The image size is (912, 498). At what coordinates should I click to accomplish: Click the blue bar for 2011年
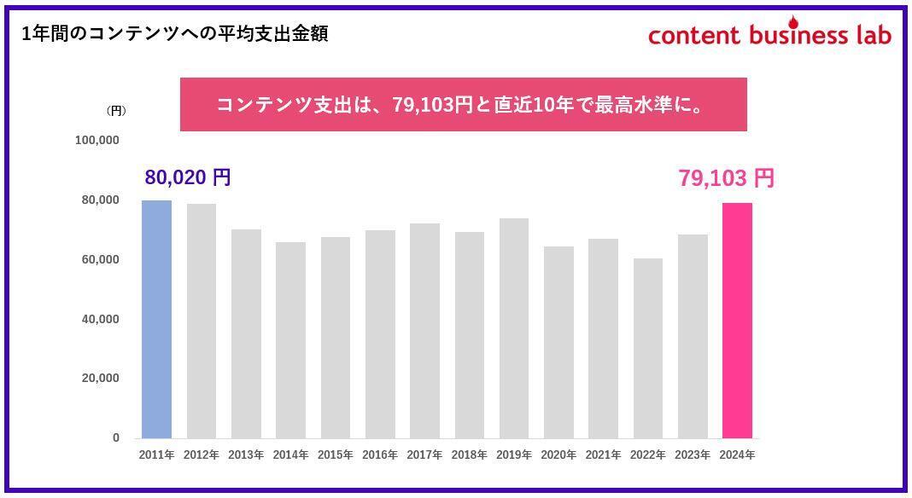(x=156, y=319)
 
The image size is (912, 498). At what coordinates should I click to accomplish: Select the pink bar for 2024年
(x=737, y=321)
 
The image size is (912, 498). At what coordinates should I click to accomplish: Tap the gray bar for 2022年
(x=648, y=348)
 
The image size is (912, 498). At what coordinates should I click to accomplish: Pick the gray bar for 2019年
(x=514, y=328)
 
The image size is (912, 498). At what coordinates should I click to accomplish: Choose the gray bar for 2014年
(x=290, y=340)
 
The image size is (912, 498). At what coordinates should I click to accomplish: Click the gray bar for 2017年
(x=424, y=331)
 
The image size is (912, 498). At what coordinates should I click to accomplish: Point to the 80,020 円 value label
(x=188, y=177)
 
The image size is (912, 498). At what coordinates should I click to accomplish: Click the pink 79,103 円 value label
(x=726, y=178)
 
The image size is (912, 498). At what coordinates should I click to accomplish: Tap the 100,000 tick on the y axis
(x=97, y=140)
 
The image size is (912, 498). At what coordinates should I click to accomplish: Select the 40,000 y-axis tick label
(x=101, y=319)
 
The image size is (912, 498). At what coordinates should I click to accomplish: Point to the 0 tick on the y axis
(x=116, y=437)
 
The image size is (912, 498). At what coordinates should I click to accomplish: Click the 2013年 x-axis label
(x=246, y=455)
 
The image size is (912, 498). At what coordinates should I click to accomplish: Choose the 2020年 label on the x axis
(x=558, y=455)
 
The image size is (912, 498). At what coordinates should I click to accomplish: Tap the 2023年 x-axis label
(x=693, y=455)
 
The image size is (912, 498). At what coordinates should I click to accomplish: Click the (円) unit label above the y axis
(x=116, y=111)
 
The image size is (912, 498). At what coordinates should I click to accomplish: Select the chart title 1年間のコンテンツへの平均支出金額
(x=175, y=34)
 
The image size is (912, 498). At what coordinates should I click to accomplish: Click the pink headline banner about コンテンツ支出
(x=463, y=105)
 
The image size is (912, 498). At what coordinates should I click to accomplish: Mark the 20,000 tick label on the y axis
(x=101, y=378)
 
